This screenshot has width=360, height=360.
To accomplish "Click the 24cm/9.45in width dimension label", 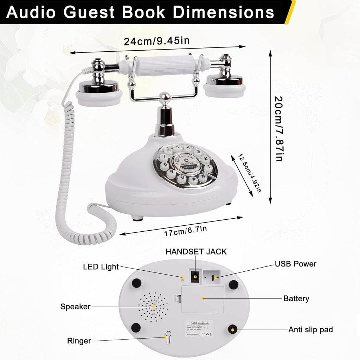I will click(156, 41).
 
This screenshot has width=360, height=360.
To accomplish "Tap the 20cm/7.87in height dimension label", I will click(278, 128).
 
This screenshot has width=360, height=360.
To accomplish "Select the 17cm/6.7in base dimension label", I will click(185, 231).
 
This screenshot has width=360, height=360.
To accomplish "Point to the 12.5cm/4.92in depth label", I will click(250, 173).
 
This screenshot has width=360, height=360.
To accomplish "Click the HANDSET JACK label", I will click(196, 251).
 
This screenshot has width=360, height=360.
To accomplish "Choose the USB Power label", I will click(295, 264).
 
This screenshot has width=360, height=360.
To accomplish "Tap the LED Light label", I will click(101, 267).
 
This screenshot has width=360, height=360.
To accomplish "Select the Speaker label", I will click(75, 307).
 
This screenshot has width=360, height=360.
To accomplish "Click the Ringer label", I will click(79, 341).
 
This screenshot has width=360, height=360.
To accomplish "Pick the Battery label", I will click(296, 298).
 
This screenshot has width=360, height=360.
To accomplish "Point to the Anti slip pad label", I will click(310, 329).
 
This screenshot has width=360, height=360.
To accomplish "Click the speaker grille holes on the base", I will click(153, 307).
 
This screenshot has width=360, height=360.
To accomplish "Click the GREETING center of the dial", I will click(185, 162).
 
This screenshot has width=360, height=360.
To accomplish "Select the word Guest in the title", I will click(90, 12).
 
